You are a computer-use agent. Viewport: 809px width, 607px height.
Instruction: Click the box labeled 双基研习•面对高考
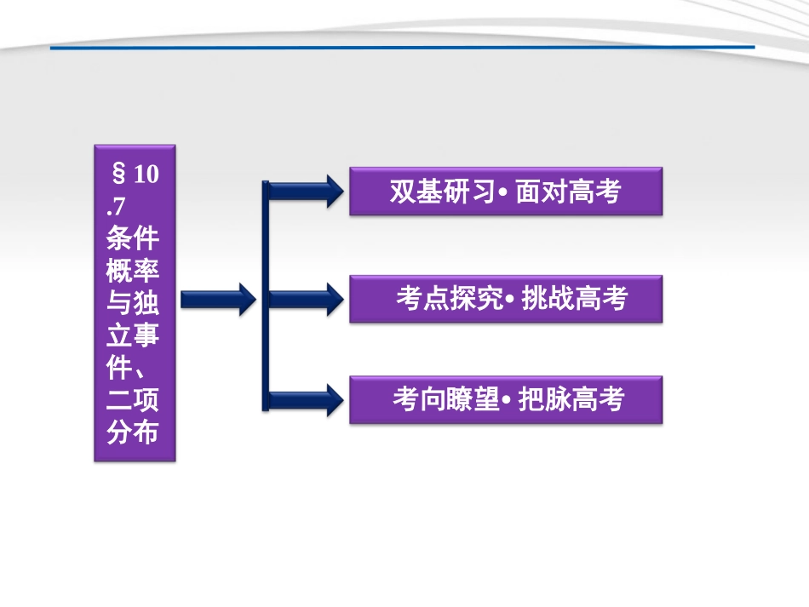click(505, 191)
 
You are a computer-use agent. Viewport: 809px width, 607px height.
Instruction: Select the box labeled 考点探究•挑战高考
click(505, 299)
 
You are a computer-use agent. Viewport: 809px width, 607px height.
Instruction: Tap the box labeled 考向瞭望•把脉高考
click(505, 399)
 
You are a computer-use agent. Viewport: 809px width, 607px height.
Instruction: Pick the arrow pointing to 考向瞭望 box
click(307, 399)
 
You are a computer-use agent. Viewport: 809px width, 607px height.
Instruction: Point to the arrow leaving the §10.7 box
click(217, 298)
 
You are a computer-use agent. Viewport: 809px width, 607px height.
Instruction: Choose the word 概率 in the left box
click(134, 269)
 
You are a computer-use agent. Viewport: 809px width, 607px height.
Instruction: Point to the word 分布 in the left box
click(134, 432)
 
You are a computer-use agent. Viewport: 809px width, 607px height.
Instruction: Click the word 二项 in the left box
click(134, 399)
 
